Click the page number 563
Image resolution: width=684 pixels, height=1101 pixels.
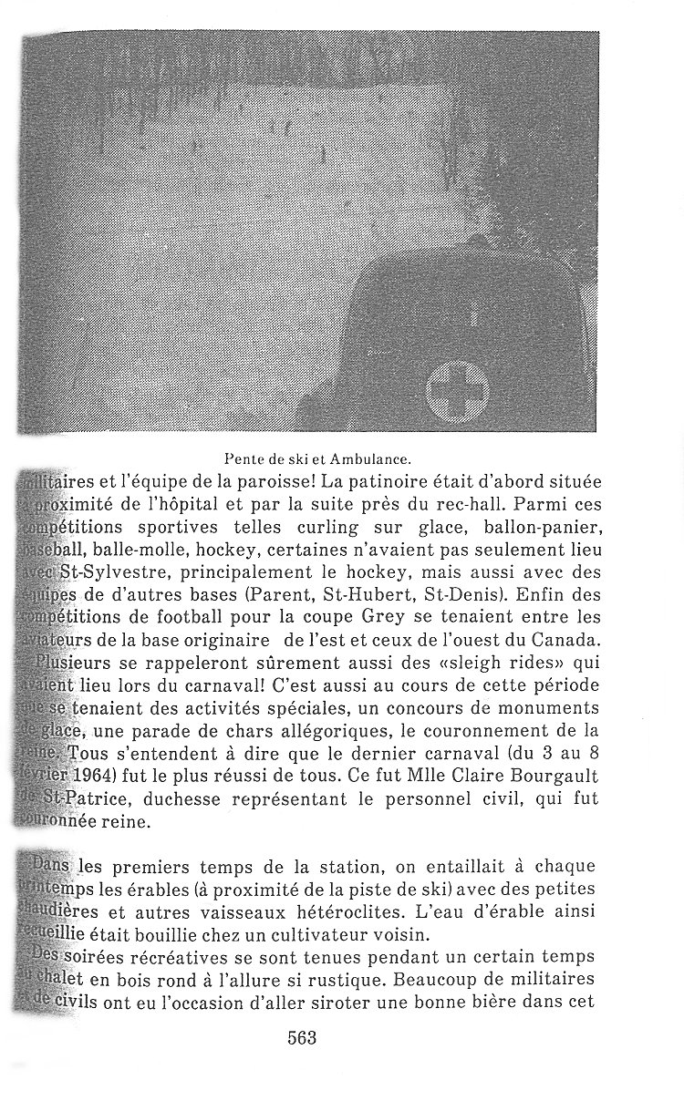tap(301, 1038)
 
